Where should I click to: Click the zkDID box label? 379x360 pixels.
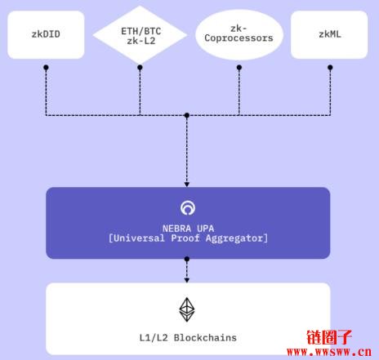tap(46, 34)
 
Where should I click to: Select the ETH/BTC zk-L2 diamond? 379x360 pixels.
tap(140, 35)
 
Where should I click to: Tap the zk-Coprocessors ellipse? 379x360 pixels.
tap(239, 34)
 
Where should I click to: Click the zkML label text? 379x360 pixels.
tap(330, 34)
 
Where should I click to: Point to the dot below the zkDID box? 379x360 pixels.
tap(46, 67)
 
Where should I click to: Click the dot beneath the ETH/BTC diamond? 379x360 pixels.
tap(140, 67)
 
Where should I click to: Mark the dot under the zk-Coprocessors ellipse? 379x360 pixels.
tap(239, 67)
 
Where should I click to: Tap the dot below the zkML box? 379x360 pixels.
tap(330, 67)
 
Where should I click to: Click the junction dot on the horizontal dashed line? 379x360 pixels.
tap(187, 115)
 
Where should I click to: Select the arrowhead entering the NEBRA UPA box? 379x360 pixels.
tap(187, 184)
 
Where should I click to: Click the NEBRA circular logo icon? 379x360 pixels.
tap(188, 208)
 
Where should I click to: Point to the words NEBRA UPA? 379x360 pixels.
tap(188, 229)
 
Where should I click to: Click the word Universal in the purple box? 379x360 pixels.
tap(139, 238)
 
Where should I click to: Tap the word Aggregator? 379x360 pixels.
tap(234, 238)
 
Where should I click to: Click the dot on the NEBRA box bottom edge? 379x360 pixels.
tap(187, 259)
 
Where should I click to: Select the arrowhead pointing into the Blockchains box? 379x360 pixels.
tap(187, 280)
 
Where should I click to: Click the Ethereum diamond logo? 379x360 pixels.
tap(187, 309)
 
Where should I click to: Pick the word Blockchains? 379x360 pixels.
tap(205, 338)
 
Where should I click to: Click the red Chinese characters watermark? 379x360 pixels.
tap(329, 337)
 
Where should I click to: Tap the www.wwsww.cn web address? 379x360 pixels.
tap(329, 352)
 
